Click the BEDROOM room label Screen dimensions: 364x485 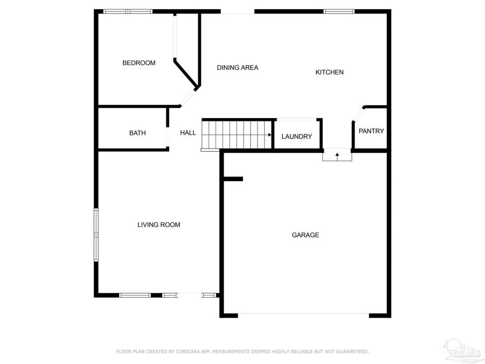click(138, 63)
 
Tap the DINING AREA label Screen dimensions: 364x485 click(238, 68)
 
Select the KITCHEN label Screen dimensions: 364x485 click(329, 72)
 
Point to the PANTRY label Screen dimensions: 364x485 click(371, 131)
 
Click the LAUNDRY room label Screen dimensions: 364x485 click(296, 137)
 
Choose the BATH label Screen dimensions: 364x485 click(137, 133)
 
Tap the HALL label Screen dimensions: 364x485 click(188, 133)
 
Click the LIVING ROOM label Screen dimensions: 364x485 click(158, 225)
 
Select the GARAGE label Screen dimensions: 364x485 click(306, 235)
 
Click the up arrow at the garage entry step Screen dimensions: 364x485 click(337, 155)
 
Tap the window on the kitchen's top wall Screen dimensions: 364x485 click(339, 11)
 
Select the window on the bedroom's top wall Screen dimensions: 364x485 click(128, 11)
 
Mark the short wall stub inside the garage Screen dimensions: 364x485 click(233, 179)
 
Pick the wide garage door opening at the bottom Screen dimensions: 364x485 click(303, 314)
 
